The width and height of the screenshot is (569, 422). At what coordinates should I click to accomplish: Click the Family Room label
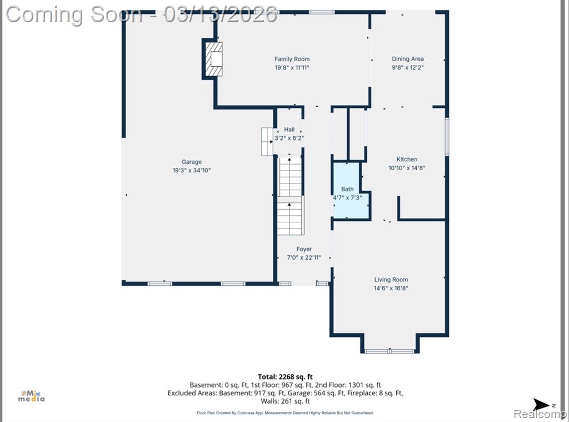click(292, 59)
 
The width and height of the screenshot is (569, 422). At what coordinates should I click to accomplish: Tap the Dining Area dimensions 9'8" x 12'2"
click(407, 67)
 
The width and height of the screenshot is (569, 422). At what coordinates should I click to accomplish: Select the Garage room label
click(192, 162)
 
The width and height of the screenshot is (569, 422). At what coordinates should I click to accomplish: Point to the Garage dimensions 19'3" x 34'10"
click(192, 170)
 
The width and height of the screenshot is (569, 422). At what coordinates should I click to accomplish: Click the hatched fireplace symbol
click(214, 59)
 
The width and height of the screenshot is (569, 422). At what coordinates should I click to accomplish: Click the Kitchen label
click(407, 160)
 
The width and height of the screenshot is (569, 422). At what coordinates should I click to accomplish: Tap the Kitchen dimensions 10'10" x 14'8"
click(407, 168)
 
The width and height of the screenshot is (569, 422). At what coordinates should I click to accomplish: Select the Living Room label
click(391, 280)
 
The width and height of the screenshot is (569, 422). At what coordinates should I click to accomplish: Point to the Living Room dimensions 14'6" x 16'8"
click(391, 289)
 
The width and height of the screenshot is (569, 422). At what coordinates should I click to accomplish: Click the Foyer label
click(304, 249)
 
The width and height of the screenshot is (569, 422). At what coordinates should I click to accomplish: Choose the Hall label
click(289, 130)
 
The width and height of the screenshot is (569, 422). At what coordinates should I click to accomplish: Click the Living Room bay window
click(390, 351)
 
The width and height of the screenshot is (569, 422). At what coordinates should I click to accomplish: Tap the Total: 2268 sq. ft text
click(285, 377)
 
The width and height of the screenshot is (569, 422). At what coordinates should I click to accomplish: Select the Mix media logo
click(32, 396)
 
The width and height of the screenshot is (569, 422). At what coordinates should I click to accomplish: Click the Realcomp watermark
click(541, 414)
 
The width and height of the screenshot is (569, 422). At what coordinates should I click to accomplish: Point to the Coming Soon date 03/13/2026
click(220, 14)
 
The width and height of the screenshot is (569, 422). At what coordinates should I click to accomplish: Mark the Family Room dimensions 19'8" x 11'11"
click(292, 67)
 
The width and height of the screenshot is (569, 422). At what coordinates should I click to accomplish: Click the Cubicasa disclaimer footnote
click(285, 413)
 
